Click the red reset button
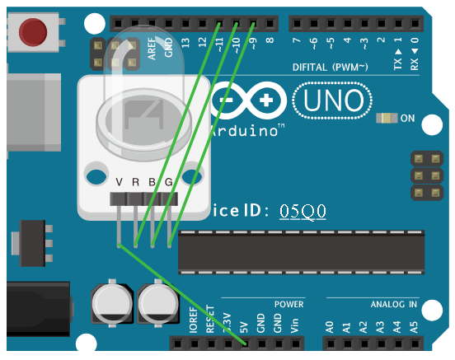[33, 32]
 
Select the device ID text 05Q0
[303, 211]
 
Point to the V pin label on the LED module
[120, 182]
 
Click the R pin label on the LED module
[137, 182]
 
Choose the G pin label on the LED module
[169, 182]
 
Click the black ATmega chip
[301, 251]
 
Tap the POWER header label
[288, 304]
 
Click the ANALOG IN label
[393, 304]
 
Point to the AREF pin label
[152, 50]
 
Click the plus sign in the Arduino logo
[265, 101]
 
